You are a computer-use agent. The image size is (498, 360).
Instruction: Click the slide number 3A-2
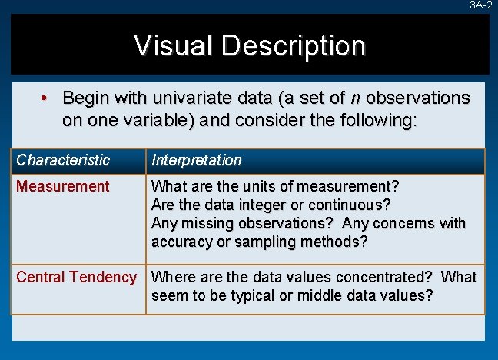click(x=480, y=5)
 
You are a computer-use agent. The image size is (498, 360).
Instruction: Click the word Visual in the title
click(x=174, y=45)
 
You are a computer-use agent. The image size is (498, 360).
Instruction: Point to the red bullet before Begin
click(x=45, y=98)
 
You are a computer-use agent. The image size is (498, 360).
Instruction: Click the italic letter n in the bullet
click(x=354, y=98)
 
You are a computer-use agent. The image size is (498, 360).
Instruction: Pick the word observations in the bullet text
click(x=418, y=98)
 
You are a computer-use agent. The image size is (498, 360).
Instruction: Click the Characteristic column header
click(x=63, y=161)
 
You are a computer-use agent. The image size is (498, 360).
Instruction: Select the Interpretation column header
click(x=197, y=161)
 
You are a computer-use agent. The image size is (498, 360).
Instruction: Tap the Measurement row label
click(x=63, y=186)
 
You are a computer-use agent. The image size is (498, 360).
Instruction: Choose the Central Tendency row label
click(x=76, y=277)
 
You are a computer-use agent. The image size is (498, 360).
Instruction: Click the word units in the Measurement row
click(x=257, y=186)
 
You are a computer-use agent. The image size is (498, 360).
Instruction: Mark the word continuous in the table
click(x=350, y=205)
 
